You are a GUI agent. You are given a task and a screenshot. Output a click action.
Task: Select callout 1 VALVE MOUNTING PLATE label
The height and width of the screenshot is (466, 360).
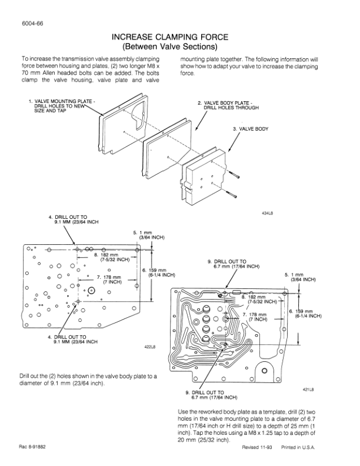64,105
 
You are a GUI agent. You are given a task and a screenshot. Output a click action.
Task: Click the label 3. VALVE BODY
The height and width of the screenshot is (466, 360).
251,128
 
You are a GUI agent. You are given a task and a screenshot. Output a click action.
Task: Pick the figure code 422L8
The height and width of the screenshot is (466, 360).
149,346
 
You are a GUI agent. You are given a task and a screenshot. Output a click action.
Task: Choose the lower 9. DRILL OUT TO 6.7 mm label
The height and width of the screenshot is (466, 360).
212,394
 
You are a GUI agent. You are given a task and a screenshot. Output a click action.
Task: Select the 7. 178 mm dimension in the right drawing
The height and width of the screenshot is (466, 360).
255,317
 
